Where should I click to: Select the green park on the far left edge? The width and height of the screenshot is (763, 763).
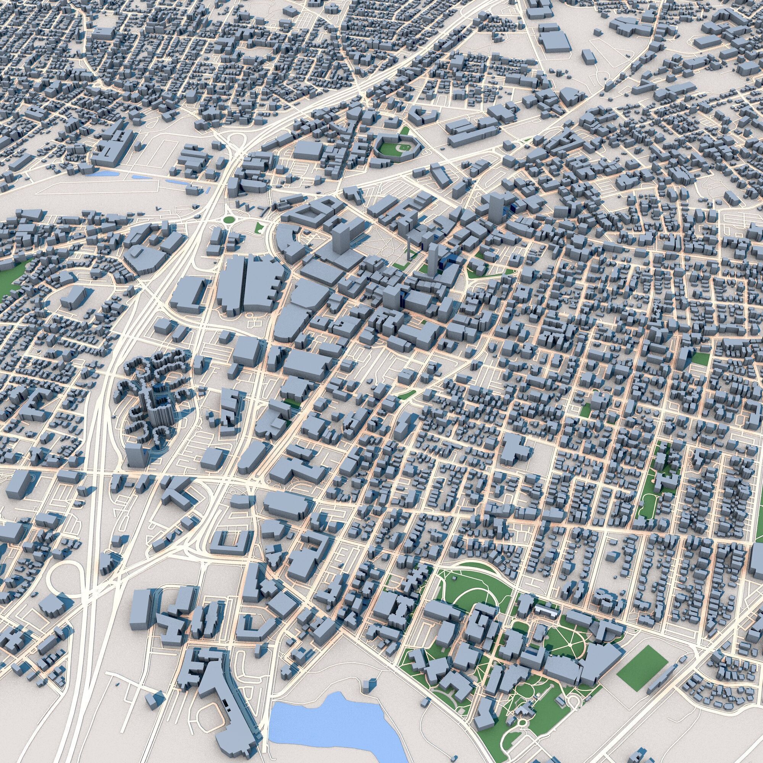click(10, 277)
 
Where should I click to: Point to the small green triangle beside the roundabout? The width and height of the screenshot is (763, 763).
click(259, 227)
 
